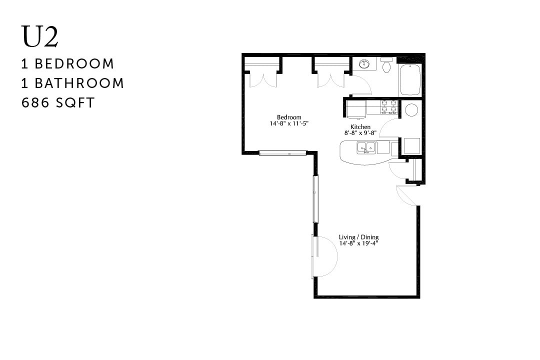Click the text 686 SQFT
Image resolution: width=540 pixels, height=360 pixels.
pos(58,103)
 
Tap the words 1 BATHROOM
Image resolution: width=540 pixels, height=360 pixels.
pos(72,83)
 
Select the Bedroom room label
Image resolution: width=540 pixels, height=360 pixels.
pos(289,117)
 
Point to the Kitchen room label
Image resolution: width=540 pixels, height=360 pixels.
pos(360,127)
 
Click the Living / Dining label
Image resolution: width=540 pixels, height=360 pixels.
pos(358,237)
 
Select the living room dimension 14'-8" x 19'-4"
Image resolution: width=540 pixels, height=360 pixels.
pos(358,243)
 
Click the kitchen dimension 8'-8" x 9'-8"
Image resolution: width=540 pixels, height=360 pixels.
pos(360,133)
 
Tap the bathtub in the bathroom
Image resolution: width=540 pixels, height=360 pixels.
pos(410,79)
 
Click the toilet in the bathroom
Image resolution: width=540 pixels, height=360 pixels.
pos(386,66)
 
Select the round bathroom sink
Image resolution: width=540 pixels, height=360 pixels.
pos(364,64)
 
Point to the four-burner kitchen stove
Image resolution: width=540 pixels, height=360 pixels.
pos(389,106)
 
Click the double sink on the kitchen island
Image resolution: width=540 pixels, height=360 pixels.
pos(366,147)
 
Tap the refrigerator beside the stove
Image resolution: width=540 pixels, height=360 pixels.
pos(356,107)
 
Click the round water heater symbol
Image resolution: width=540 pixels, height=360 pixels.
pos(411,110)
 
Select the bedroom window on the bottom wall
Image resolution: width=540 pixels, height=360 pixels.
pos(282,152)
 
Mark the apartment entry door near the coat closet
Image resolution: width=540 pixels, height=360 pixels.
pos(406,195)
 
